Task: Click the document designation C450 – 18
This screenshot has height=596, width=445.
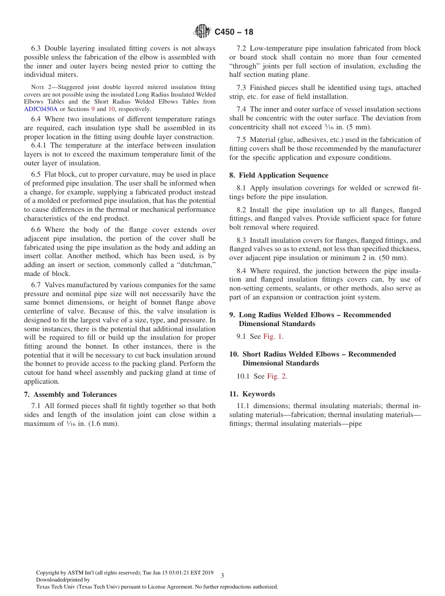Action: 234,32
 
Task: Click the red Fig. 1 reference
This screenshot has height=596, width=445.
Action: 273,336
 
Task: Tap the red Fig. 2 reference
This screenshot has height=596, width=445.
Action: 276,376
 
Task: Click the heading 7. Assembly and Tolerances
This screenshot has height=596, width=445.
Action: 70,395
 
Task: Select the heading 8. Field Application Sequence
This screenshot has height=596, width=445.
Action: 279,175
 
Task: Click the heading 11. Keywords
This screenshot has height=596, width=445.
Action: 252,394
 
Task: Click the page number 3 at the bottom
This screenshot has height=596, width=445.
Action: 222,575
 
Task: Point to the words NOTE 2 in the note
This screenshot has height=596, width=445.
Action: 40,87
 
